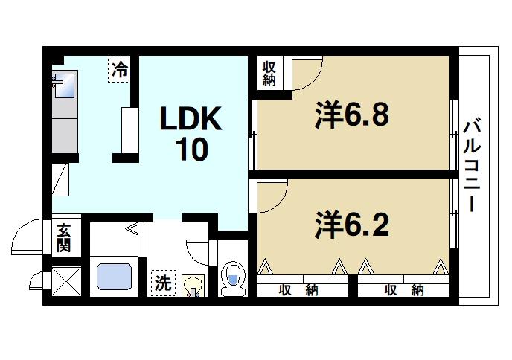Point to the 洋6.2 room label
click(x=352, y=225)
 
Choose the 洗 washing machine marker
click(x=162, y=282)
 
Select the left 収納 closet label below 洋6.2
click(x=298, y=290)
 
